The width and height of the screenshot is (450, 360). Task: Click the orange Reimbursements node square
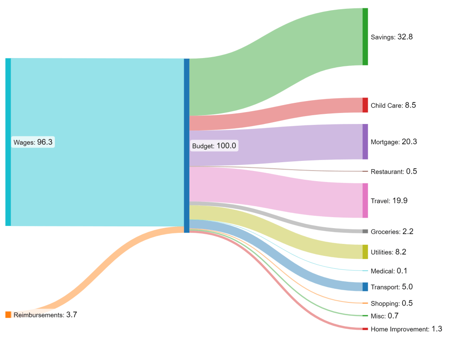(x=8, y=315)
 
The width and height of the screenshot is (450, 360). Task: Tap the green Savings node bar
(x=365, y=36)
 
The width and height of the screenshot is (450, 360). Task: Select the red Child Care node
(x=365, y=105)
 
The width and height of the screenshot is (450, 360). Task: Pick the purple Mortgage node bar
(x=365, y=142)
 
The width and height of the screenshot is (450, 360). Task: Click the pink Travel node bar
(x=365, y=200)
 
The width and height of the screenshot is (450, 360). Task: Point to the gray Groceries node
(x=365, y=231)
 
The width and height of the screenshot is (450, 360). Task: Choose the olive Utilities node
(x=365, y=252)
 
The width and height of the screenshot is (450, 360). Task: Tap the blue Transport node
(x=365, y=287)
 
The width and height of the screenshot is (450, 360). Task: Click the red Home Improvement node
(x=365, y=329)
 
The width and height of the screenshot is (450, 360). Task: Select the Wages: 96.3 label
(x=33, y=142)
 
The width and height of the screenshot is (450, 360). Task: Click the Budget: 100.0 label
(x=214, y=145)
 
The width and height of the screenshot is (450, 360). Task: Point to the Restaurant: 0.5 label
(x=394, y=171)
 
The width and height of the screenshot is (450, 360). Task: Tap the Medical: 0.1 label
(x=389, y=271)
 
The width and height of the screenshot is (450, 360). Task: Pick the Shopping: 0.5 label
(x=392, y=303)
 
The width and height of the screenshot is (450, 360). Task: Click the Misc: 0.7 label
(x=385, y=316)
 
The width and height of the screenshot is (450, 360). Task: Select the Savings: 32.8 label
(x=392, y=37)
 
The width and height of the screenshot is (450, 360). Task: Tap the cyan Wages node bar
(x=8, y=142)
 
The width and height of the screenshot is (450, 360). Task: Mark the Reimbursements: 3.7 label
(x=45, y=315)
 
